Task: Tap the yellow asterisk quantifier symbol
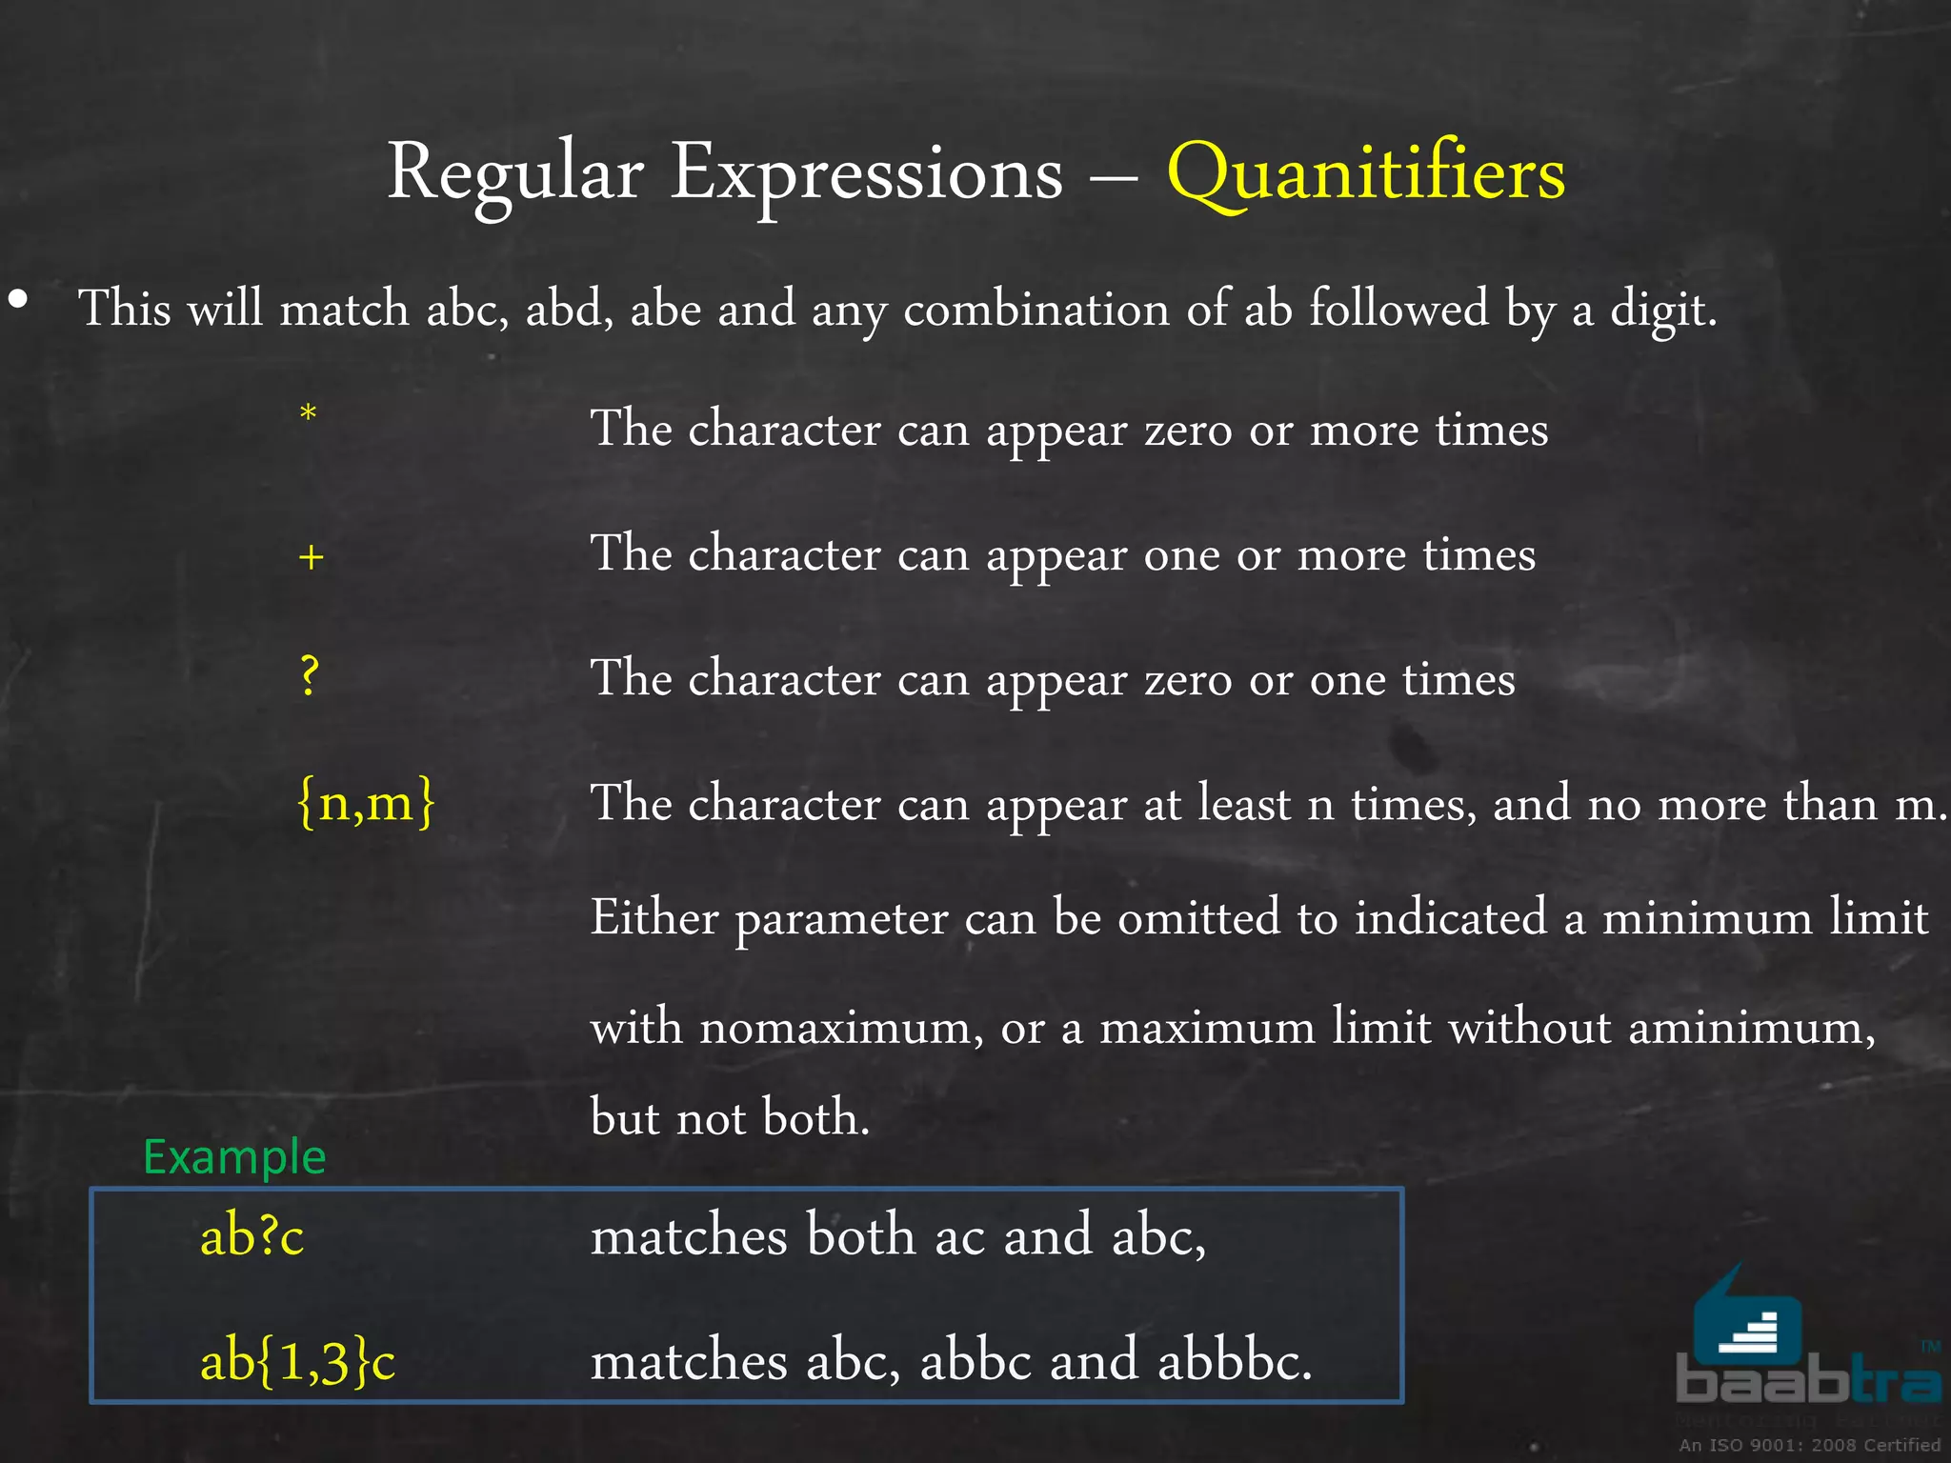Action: point(308,414)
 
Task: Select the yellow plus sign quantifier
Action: point(311,556)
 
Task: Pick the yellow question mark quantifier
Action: point(309,677)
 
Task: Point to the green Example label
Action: point(234,1156)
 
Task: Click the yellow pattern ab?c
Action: point(251,1236)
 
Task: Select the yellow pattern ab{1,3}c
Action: point(297,1360)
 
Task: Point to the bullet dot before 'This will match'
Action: point(18,300)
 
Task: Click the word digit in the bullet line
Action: point(1662,310)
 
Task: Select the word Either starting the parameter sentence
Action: point(654,918)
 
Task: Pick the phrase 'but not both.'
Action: point(730,1117)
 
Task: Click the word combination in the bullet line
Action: point(1036,310)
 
